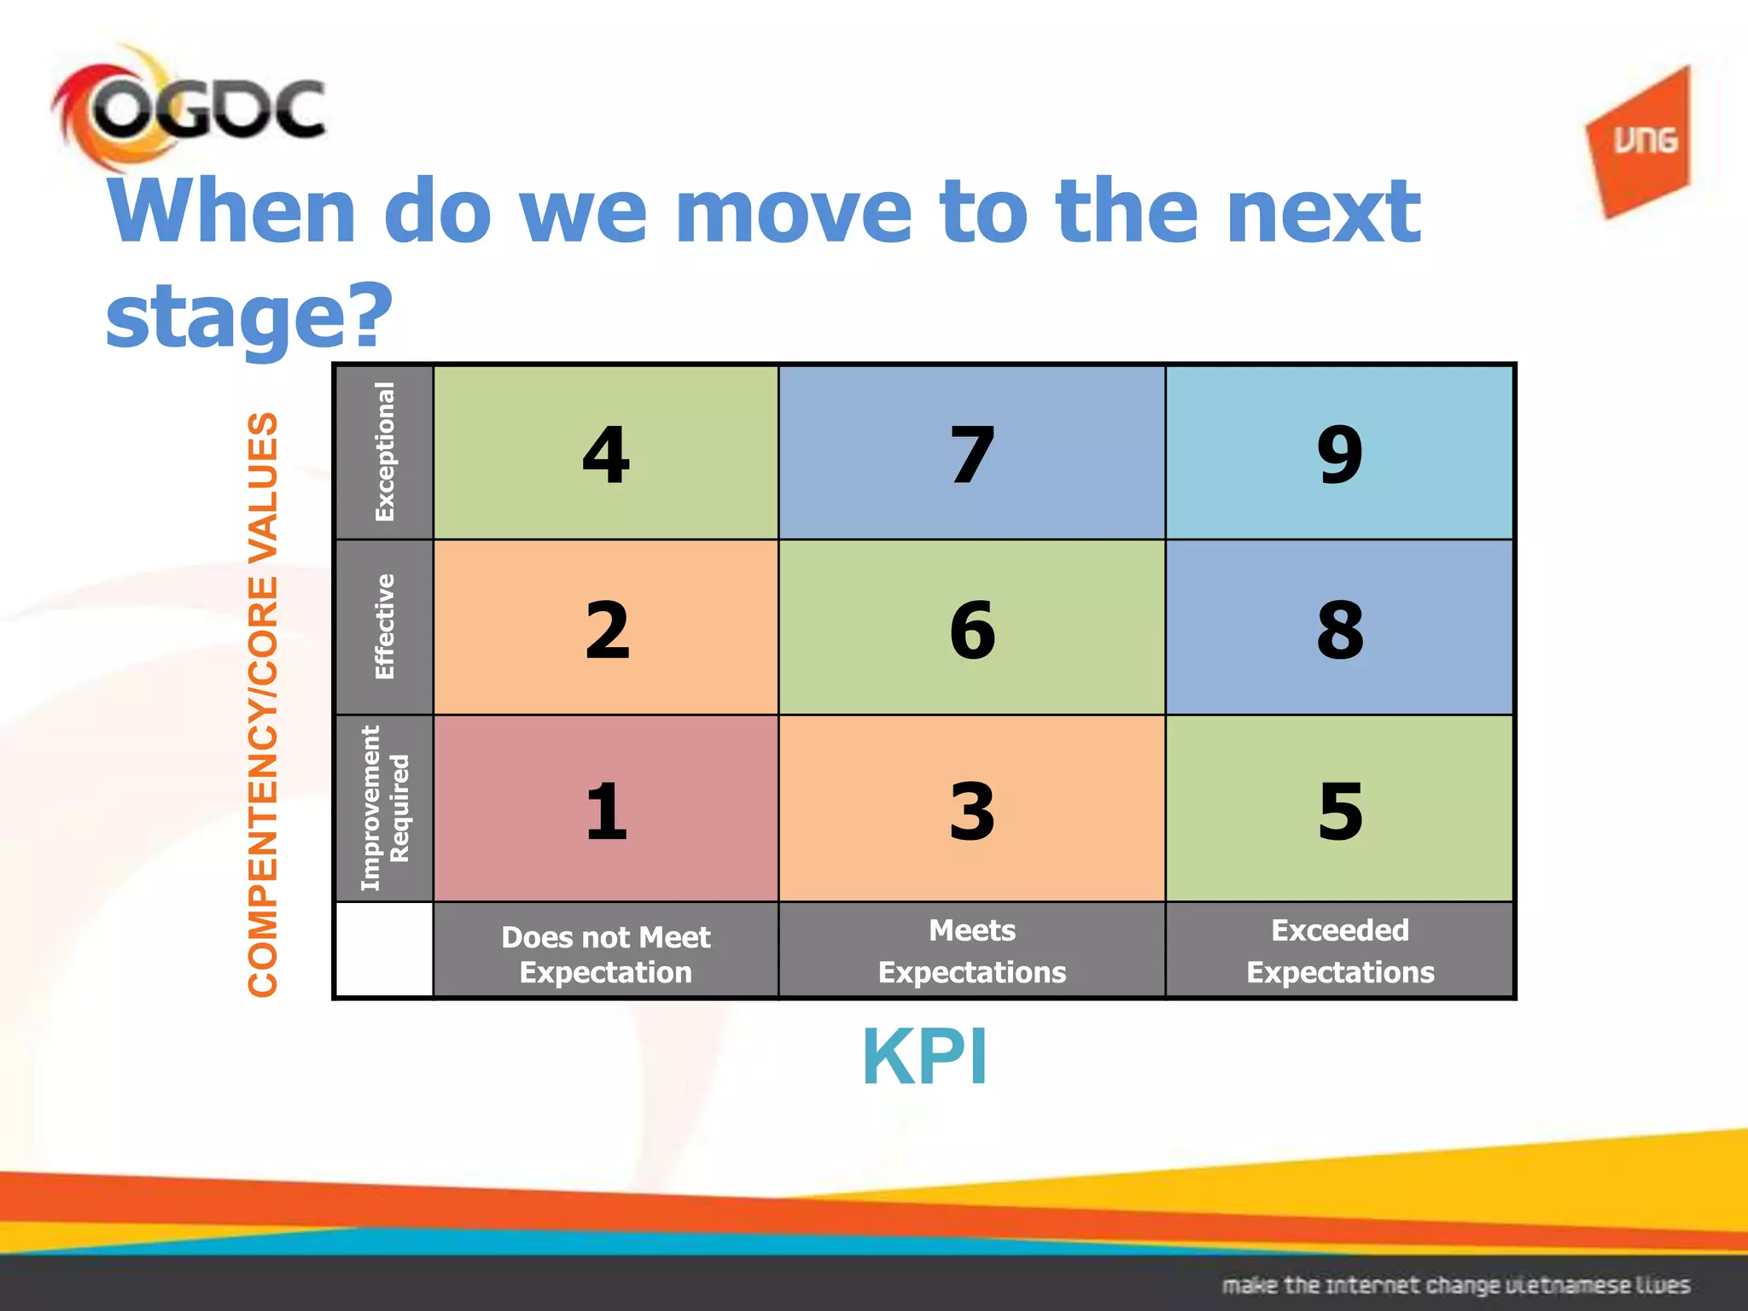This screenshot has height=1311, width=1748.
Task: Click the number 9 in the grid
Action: (1339, 454)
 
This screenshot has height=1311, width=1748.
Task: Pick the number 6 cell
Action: (972, 630)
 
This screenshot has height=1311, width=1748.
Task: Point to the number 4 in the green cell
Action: (606, 454)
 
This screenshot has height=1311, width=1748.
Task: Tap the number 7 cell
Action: (972, 454)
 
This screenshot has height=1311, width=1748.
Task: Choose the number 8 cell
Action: (1339, 630)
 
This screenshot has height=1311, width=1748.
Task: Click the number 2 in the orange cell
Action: (606, 630)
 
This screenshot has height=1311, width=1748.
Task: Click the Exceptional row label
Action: (385, 452)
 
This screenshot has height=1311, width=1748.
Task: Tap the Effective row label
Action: (385, 627)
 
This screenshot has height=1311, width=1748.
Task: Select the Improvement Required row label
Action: (385, 808)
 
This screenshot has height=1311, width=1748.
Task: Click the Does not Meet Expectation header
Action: (606, 954)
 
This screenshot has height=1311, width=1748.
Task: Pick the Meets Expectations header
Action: (972, 951)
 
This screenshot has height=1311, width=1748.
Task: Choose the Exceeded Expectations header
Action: (1339, 951)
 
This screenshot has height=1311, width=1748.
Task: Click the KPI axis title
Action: (925, 1057)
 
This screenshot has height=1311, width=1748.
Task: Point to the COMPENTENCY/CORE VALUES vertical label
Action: (263, 704)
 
